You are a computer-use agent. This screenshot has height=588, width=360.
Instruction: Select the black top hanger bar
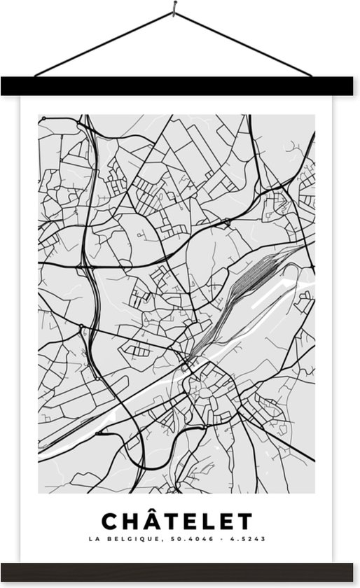180,86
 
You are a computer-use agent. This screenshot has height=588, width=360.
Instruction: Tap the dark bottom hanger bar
180,571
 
